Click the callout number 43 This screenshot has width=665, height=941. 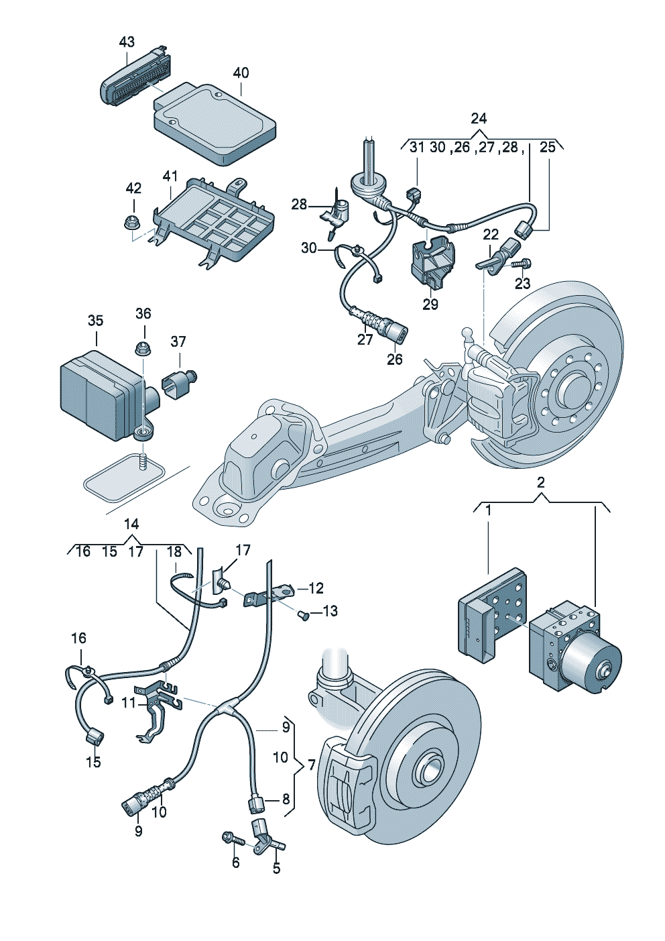[127, 42]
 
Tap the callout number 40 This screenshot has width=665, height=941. [241, 73]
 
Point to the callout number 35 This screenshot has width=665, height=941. [95, 321]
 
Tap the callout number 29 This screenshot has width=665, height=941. [430, 304]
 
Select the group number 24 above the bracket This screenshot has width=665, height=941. [479, 119]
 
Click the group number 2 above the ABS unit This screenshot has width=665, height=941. [541, 482]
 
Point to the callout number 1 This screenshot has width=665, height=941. [488, 511]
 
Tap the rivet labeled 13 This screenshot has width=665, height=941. [303, 616]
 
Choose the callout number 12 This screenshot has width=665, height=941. [316, 588]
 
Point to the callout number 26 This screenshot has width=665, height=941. [395, 359]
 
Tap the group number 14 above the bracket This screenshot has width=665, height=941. [131, 524]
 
